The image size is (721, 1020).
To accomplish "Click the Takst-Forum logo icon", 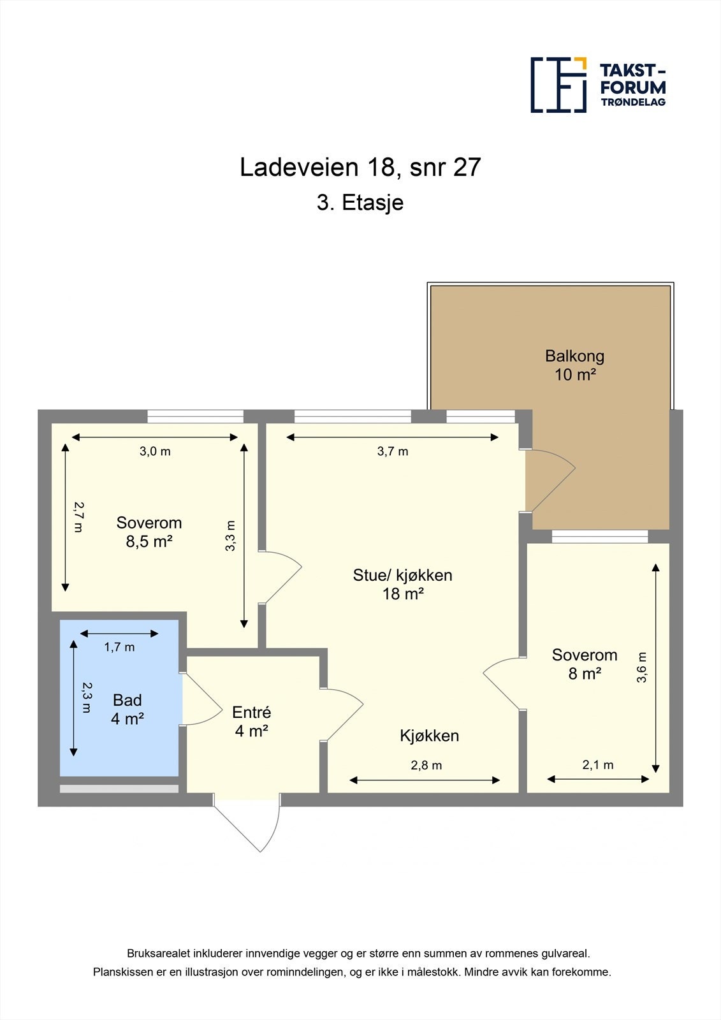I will [558, 85].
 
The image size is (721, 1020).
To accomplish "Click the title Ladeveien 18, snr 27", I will [360, 167].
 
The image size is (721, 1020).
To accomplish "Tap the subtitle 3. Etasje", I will [360, 203].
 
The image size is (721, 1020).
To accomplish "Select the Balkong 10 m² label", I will [574, 365].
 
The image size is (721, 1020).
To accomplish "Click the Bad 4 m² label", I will [127, 710].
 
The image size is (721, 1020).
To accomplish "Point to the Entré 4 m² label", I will [251, 722].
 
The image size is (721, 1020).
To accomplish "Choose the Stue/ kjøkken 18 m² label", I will [402, 584].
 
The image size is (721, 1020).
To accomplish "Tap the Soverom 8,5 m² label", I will [149, 532].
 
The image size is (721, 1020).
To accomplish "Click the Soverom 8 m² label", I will [585, 664].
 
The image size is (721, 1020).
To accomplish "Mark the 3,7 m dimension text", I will [393, 451].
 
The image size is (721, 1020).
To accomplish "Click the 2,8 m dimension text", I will [426, 765].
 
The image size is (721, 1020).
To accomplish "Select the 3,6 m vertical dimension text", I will [642, 667].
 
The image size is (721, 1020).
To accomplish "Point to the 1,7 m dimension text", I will [119, 647].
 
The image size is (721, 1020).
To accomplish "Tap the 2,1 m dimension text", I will [598, 765].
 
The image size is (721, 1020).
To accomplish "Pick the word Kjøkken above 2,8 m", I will [429, 736].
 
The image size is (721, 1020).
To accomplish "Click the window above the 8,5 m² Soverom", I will [195, 416].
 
